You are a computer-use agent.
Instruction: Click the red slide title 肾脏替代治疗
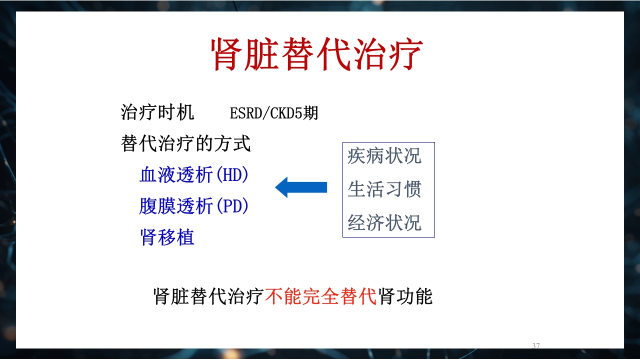[317, 54]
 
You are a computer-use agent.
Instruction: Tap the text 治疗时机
[157, 112]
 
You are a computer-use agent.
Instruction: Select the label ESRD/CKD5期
[273, 113]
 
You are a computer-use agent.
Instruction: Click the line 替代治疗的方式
[185, 144]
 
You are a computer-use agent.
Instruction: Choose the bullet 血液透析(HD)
[194, 175]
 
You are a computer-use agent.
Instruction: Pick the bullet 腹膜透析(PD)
[194, 206]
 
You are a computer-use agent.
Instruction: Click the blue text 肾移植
[167, 237]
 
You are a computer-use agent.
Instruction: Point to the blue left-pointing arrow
[301, 187]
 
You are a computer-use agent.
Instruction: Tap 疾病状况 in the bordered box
[384, 156]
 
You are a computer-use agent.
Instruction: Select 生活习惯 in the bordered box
[384, 189]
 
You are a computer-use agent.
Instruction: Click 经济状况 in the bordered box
[384, 223]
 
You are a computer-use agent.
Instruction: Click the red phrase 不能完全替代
[320, 297]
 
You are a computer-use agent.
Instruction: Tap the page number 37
[536, 346]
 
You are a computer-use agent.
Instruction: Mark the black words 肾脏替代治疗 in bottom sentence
[208, 297]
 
